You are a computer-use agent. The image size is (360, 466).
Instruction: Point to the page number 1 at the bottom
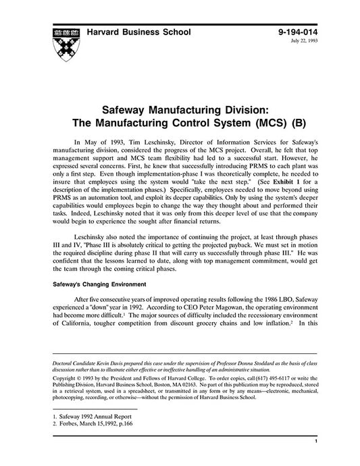click(x=315, y=459)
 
